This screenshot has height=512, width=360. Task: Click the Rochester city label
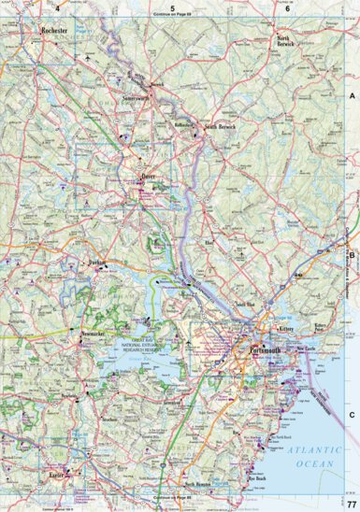click(x=57, y=31)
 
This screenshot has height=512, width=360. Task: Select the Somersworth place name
click(x=136, y=96)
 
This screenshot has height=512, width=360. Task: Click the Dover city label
click(x=148, y=174)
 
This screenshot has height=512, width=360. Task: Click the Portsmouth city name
click(x=266, y=350)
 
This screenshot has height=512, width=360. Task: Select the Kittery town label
click(x=286, y=330)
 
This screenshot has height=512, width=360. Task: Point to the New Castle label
click(x=306, y=348)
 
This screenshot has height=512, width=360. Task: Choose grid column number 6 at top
click(x=287, y=7)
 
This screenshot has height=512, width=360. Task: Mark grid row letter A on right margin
click(x=353, y=96)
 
